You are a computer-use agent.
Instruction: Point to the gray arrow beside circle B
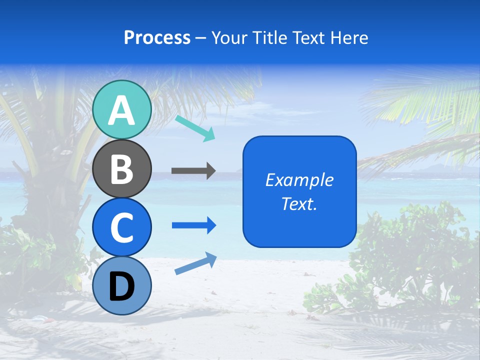193,171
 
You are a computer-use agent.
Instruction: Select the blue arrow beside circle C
193,225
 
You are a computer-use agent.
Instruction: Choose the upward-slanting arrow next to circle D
195,263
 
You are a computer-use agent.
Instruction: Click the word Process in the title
157,38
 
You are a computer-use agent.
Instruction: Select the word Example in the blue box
299,180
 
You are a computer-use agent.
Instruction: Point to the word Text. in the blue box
299,204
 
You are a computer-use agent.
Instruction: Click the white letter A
122,110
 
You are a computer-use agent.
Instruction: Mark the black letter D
122,286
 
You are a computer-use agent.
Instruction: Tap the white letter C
122,227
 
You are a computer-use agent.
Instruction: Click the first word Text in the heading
305,38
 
